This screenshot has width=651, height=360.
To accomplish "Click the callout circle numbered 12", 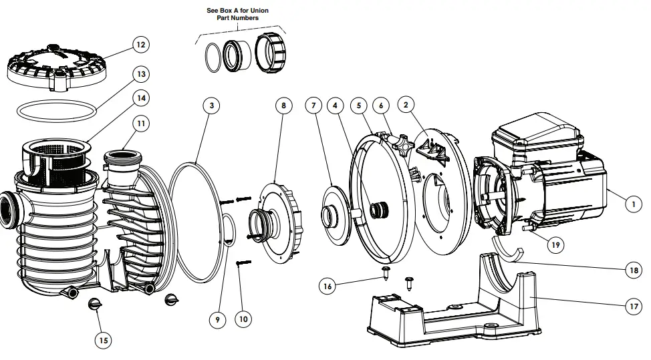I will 139,45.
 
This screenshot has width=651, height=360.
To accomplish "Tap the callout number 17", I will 632,307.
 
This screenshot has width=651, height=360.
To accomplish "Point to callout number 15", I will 103,341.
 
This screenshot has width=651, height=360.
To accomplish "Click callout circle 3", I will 211,106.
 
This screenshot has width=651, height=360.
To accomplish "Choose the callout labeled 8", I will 283,106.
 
